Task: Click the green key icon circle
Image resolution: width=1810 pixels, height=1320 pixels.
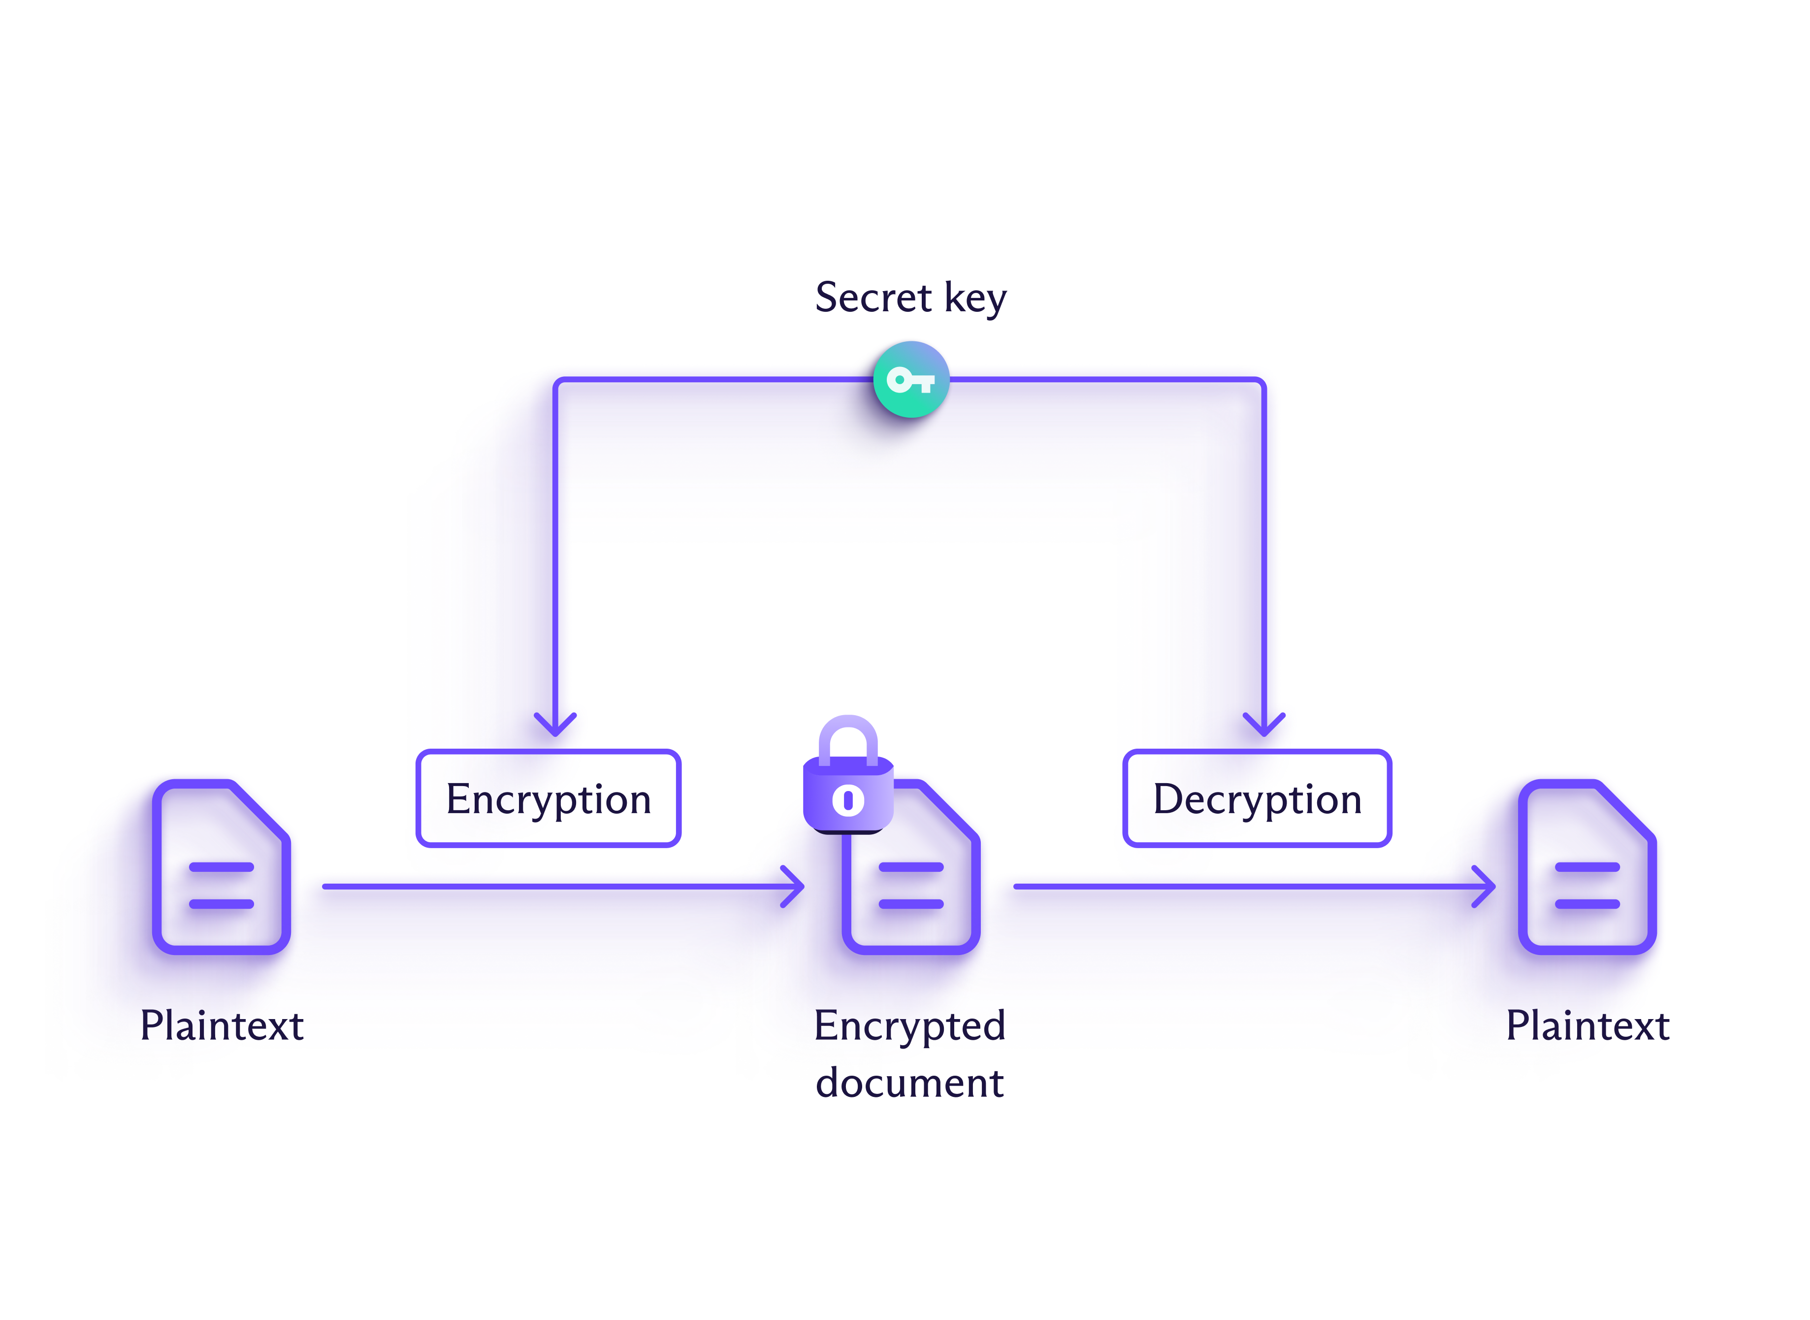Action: pos(910,380)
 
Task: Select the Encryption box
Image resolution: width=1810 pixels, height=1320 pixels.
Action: pos(548,798)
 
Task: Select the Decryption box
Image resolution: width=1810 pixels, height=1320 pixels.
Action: pos(1257,798)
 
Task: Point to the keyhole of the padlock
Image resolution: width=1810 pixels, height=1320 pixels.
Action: pos(847,800)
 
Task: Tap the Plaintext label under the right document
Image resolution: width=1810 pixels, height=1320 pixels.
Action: pos(1587,1025)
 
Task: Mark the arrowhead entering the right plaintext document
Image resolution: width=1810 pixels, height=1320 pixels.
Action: pos(1486,886)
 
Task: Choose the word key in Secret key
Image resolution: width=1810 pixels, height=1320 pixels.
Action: pos(975,297)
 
